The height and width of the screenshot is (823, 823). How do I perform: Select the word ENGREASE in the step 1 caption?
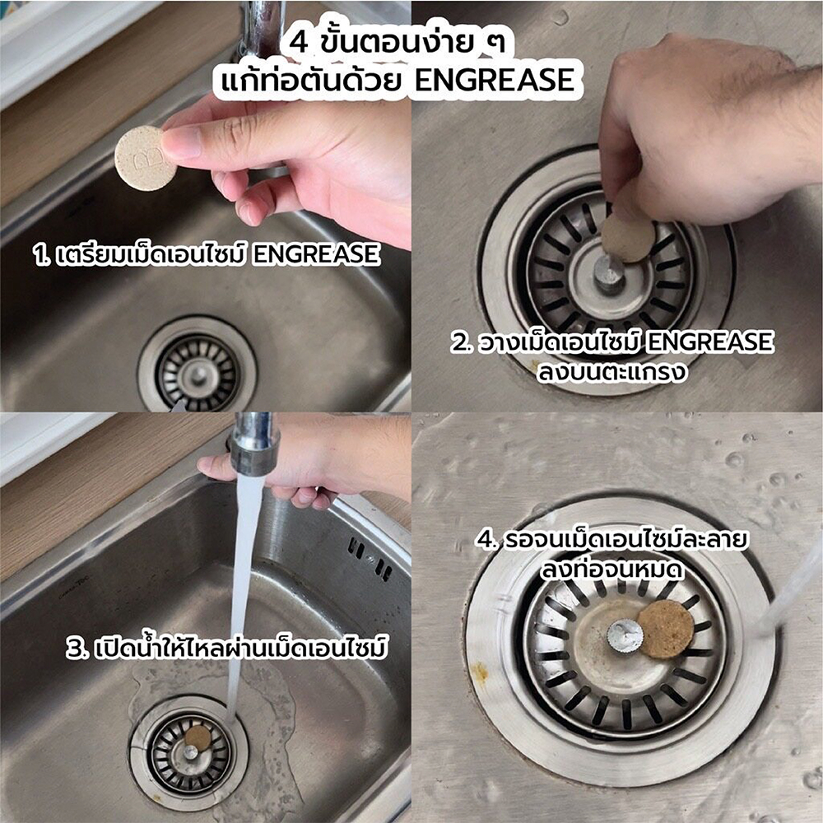[315, 254]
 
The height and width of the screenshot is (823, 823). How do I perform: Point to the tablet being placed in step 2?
[628, 239]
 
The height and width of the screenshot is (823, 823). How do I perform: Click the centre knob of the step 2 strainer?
[609, 274]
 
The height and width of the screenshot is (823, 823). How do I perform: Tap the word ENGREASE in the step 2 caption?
[709, 342]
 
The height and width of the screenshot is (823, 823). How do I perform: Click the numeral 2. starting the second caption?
[463, 342]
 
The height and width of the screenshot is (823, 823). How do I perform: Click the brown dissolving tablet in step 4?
[666, 630]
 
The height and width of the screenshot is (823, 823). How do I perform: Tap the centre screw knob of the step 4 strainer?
[625, 635]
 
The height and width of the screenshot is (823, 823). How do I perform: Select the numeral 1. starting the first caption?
[41, 255]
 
